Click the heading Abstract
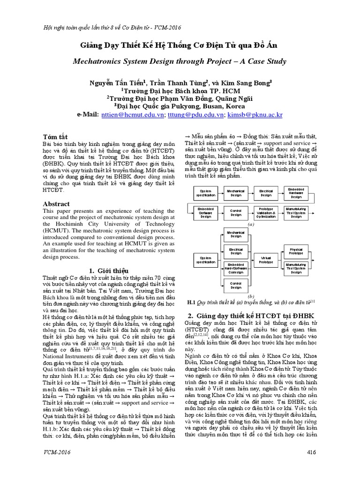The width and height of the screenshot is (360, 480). tap(56, 204)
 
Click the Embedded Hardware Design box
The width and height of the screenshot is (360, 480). tap(296, 192)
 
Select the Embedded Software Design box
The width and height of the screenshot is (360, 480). tap(205, 213)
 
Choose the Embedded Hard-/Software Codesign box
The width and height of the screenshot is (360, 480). tap(235, 269)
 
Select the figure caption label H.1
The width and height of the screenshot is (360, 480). tap(191, 302)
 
